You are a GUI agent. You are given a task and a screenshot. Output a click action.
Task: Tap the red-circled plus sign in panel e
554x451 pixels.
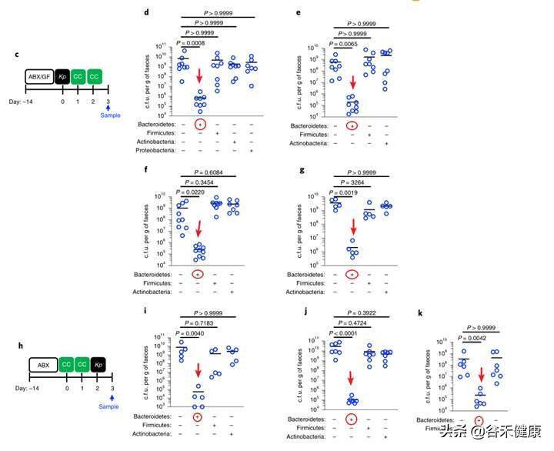click(352, 125)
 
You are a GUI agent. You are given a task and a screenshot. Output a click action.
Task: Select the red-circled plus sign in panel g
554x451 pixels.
click(352, 274)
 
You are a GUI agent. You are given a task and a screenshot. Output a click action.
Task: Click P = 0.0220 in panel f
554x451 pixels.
click(193, 192)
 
